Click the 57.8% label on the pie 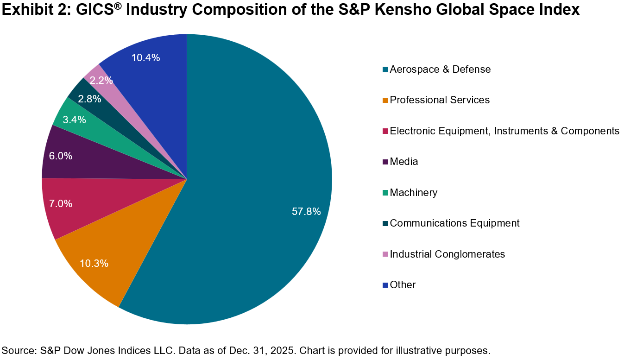click(306, 212)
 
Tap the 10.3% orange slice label click(94, 263)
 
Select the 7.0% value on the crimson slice click(61, 203)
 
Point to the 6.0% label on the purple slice click(61, 156)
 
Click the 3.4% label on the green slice click(75, 120)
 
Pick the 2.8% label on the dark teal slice click(89, 99)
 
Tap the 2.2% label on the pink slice click(101, 80)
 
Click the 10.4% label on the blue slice click(146, 58)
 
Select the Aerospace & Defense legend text click(440, 69)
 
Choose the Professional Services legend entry click(440, 100)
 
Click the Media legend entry click(404, 162)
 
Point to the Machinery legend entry click(414, 192)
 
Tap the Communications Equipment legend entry click(454, 223)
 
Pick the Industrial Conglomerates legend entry click(448, 254)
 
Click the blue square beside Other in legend click(385, 285)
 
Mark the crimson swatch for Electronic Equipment click(385, 131)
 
